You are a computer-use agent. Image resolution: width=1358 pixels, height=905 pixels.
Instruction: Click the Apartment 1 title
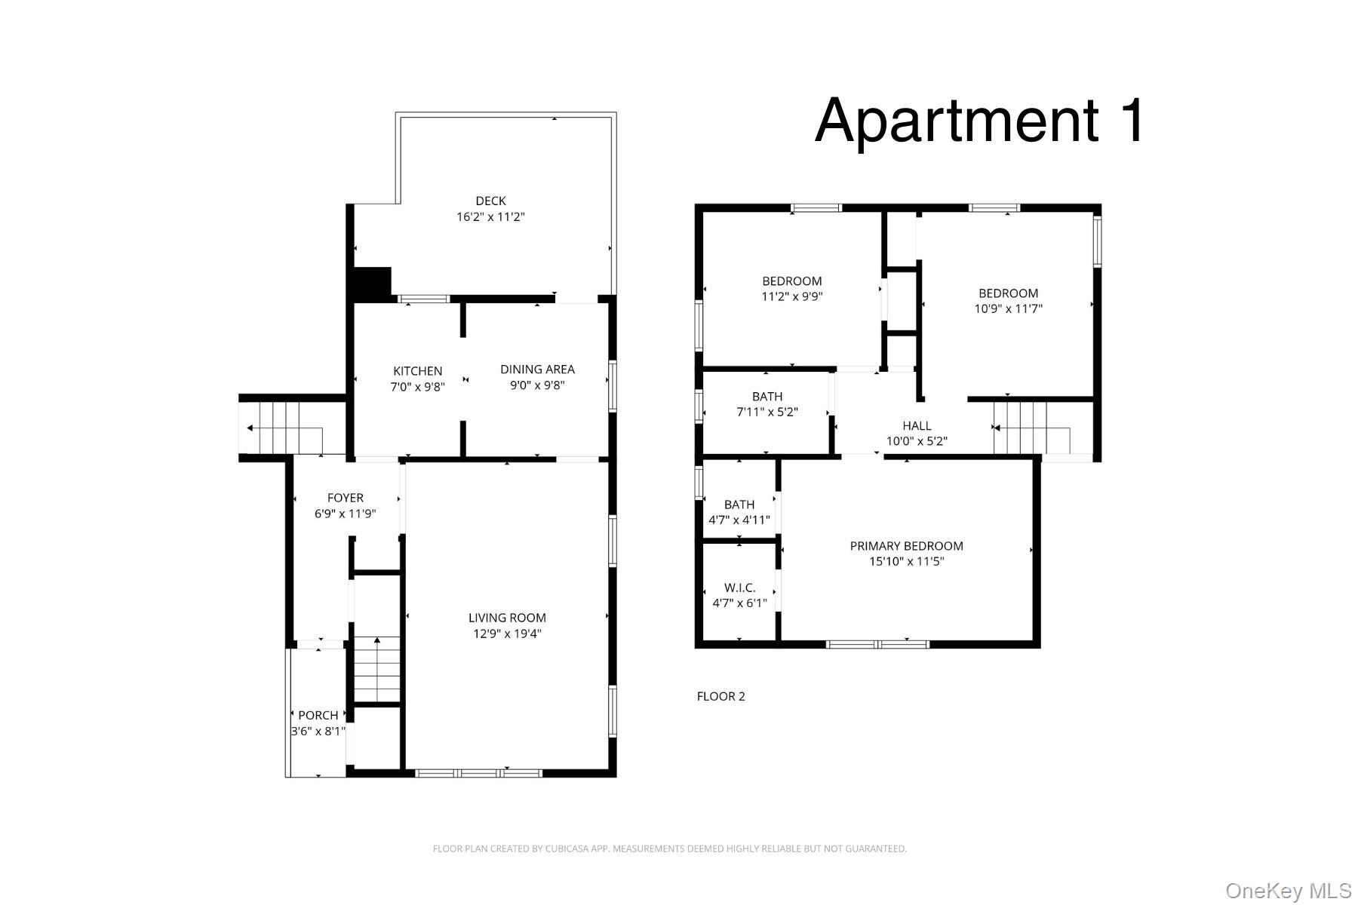980,121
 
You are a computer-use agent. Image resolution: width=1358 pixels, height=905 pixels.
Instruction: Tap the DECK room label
490,201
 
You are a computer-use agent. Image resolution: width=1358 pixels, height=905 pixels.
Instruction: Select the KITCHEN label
418,371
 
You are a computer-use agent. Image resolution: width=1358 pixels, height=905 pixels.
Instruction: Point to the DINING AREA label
537,369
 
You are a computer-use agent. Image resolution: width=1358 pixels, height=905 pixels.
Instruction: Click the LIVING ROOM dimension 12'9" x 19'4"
507,633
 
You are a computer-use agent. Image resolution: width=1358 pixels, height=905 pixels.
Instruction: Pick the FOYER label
346,498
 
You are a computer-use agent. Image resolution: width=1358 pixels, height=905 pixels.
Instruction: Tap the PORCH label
318,715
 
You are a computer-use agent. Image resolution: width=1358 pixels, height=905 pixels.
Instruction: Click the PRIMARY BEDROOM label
906,546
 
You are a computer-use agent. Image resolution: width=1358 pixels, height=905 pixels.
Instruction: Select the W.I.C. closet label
739,587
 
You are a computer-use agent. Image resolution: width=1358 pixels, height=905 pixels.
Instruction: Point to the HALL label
917,426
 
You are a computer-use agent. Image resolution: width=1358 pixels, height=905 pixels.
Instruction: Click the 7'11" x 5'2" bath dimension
767,412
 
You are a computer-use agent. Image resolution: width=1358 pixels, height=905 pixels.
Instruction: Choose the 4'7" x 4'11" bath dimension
739,520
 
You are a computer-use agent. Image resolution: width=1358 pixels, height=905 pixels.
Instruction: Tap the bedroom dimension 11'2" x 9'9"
792,296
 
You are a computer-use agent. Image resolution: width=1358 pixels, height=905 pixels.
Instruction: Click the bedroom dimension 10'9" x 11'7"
1009,308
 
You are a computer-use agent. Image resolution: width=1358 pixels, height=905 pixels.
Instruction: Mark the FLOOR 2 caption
720,696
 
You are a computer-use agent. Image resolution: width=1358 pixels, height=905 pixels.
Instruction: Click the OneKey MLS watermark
1289,891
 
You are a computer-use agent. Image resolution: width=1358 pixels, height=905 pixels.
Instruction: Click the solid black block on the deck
373,284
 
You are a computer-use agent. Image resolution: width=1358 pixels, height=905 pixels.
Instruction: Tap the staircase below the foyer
377,670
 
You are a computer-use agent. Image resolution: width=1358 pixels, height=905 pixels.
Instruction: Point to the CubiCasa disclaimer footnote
670,848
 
